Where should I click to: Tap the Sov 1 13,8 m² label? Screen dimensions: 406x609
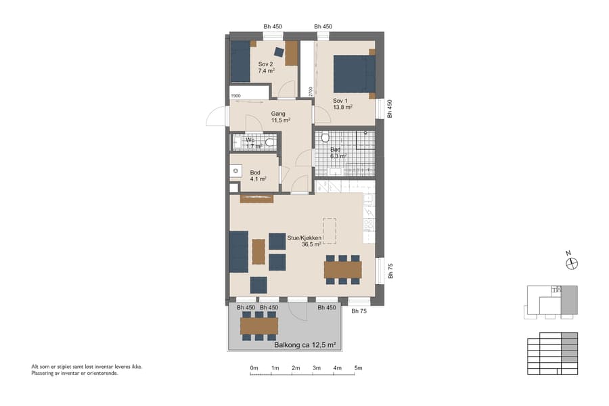(342, 104)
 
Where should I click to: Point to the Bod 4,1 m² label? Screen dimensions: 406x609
(256, 176)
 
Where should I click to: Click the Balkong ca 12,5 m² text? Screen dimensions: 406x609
(305, 345)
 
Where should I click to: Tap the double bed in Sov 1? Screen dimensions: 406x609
(354, 73)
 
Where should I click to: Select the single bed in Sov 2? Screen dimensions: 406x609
(240, 62)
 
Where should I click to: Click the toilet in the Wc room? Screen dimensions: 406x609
(270, 142)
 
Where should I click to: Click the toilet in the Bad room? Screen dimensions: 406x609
(325, 138)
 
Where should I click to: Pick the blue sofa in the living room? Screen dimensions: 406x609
(238, 251)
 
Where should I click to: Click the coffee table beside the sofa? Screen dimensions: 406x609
(258, 252)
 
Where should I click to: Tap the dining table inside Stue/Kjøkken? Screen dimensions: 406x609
(342, 269)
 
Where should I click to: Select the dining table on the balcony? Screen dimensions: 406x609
(258, 326)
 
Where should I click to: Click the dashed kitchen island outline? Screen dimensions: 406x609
(329, 231)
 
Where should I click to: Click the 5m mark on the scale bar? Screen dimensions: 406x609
(358, 368)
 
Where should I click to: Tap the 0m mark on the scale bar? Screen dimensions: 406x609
(254, 368)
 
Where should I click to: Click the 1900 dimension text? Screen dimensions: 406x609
(235, 95)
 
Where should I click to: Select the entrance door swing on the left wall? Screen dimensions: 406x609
(217, 117)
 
